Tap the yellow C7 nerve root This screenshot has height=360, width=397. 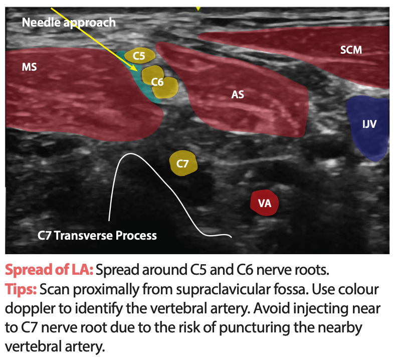pyautogui.click(x=183, y=163)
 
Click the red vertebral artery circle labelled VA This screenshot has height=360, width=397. pyautogui.click(x=264, y=203)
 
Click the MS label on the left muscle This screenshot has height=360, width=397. pyautogui.click(x=30, y=67)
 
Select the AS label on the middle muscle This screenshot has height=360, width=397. pyautogui.click(x=238, y=94)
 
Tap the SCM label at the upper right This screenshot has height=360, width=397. pyautogui.click(x=351, y=50)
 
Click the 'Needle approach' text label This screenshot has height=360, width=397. pyautogui.click(x=68, y=22)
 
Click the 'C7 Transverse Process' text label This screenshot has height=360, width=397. pyautogui.click(x=97, y=235)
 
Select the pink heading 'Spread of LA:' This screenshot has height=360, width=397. pyautogui.click(x=49, y=270)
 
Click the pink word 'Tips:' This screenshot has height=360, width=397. pyautogui.click(x=20, y=289)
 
